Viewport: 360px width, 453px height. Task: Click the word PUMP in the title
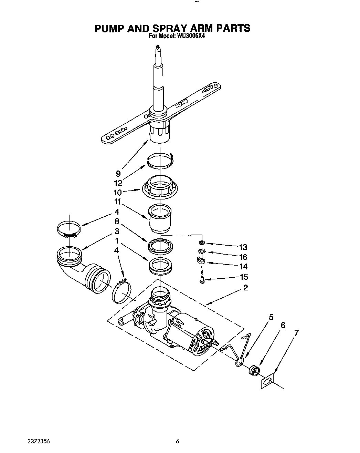(x=109, y=28)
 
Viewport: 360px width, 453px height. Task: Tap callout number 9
(x=118, y=174)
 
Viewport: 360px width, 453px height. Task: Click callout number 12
(x=118, y=183)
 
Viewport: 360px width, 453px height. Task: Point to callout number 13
(x=243, y=247)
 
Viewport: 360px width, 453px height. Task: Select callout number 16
(x=243, y=257)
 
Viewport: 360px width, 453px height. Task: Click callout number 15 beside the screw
(x=243, y=277)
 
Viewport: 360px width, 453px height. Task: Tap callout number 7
(x=296, y=333)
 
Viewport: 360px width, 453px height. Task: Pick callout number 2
(x=245, y=288)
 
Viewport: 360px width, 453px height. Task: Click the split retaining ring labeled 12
(x=160, y=160)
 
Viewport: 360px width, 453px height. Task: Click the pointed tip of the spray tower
(x=158, y=48)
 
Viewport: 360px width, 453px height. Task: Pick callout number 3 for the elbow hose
(x=117, y=231)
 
